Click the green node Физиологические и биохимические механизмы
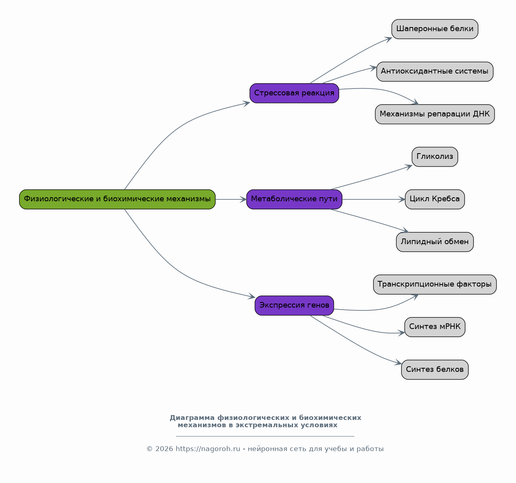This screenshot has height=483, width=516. (x=117, y=199)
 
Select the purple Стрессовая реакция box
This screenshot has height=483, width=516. (x=294, y=93)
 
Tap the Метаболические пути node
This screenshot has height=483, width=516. (x=294, y=199)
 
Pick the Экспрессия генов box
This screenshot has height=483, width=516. (x=294, y=306)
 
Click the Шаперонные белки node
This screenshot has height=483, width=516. (x=435, y=29)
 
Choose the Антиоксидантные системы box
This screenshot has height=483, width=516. (x=435, y=72)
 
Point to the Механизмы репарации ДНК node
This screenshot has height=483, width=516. (x=435, y=114)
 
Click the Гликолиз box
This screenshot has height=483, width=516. (x=435, y=157)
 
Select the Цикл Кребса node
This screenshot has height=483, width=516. (x=435, y=199)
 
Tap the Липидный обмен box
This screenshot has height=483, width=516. (x=435, y=242)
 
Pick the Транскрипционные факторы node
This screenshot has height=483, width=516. (x=435, y=285)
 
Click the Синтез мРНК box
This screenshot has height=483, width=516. (x=435, y=327)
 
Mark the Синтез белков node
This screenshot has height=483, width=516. (x=435, y=369)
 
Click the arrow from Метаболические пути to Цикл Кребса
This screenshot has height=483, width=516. (x=374, y=199)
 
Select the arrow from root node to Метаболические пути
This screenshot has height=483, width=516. (x=231, y=199)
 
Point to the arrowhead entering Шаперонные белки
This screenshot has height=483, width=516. (x=389, y=40)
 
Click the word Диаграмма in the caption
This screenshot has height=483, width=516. (x=192, y=418)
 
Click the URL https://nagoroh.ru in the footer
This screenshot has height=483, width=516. (x=208, y=449)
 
